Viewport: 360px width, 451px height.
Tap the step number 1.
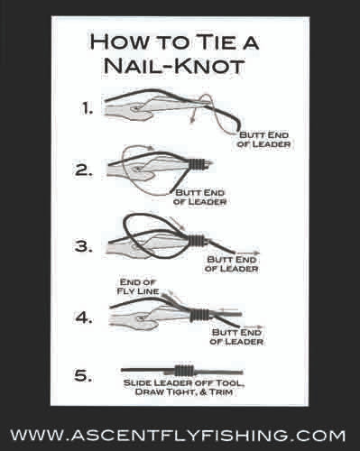point(87,108)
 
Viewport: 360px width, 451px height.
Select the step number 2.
point(84,170)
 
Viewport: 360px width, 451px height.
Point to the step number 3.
point(84,246)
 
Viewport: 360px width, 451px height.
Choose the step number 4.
point(83,318)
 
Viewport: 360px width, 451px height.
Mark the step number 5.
point(83,376)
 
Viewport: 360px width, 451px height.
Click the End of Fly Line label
point(138,287)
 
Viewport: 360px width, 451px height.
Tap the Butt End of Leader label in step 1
point(263,139)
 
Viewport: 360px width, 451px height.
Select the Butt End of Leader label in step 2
point(199,197)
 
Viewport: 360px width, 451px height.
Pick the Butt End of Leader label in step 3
point(232,263)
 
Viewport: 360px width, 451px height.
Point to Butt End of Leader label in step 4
point(236,336)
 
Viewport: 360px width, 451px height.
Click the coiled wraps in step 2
point(197,164)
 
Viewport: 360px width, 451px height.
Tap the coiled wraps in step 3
point(197,240)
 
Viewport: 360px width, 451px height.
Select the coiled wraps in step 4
point(199,314)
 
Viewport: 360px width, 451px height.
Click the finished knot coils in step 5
point(184,370)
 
